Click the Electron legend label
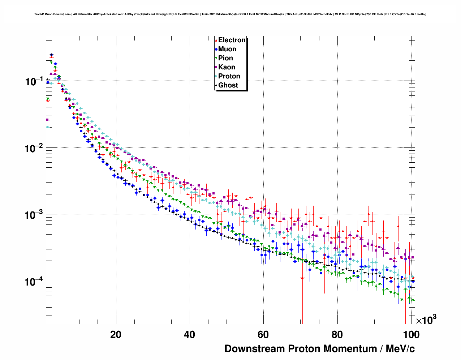(x=232, y=40)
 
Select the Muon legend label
(x=227, y=49)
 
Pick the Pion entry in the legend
(x=225, y=58)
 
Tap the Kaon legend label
(x=227, y=67)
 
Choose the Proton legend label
(x=229, y=76)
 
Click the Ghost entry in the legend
(x=228, y=85)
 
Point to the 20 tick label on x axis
(x=116, y=334)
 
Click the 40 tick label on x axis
(x=190, y=334)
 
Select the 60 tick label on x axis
(x=263, y=334)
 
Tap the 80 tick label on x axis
(x=337, y=334)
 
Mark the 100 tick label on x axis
(x=411, y=334)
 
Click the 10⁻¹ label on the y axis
(x=34, y=81)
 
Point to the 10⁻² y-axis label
(x=34, y=148)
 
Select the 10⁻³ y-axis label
(x=34, y=215)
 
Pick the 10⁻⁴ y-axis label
(x=34, y=282)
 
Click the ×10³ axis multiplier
(x=426, y=320)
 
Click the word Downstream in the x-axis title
(x=255, y=349)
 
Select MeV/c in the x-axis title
(x=400, y=349)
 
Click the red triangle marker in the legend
(x=216, y=40)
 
